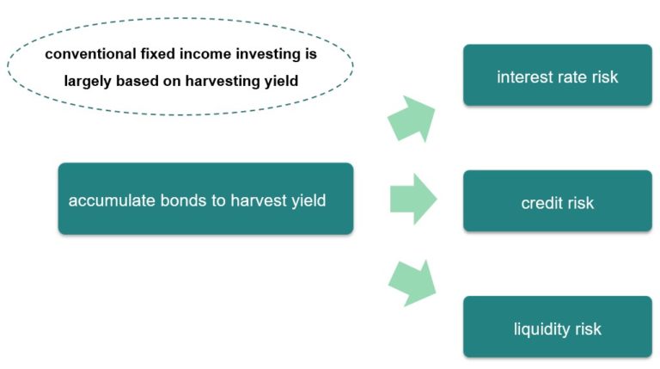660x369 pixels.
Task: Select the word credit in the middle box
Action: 541,204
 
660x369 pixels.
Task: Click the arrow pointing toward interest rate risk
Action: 412,119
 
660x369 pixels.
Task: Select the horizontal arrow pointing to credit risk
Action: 413,200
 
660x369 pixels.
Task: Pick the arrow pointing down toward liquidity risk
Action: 412,281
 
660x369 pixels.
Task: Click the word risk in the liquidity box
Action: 588,329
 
